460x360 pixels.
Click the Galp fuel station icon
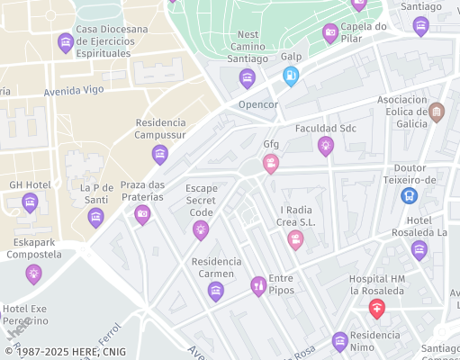click(291, 76)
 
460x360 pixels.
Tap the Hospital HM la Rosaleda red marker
click(377, 310)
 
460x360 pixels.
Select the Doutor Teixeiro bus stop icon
click(410, 194)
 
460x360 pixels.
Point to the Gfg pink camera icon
click(270, 164)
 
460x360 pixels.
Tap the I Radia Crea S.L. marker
click(295, 240)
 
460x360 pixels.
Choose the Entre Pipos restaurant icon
click(258, 286)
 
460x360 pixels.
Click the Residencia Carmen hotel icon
click(215, 291)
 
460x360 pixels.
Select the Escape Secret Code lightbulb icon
click(201, 230)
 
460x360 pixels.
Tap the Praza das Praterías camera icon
click(142, 214)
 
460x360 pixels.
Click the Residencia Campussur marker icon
click(160, 155)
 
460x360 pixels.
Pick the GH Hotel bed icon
click(30, 202)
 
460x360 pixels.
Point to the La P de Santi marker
click(96, 217)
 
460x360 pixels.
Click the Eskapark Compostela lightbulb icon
click(34, 274)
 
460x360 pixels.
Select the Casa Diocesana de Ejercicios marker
click(65, 42)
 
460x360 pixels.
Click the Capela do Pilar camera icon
click(330, 33)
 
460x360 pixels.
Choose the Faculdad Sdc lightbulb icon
click(326, 146)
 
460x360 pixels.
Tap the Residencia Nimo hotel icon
click(339, 341)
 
